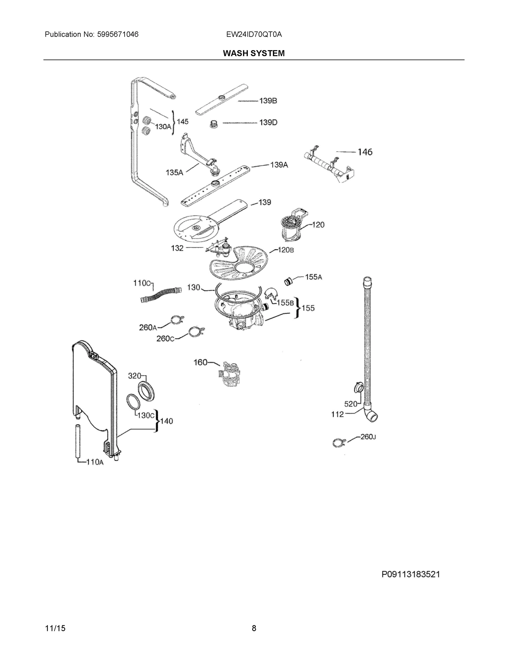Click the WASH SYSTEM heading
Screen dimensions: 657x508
[254, 53]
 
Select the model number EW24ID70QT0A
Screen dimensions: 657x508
[254, 34]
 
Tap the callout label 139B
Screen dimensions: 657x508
[268, 101]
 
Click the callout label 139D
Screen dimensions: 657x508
[268, 122]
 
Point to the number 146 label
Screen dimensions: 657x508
[365, 152]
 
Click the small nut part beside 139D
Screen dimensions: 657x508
[213, 124]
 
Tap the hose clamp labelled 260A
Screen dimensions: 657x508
[177, 320]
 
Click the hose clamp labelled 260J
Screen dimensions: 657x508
[339, 442]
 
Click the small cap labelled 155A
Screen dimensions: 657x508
[288, 282]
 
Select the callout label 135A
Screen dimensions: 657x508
[174, 173]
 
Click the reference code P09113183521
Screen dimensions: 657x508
[411, 574]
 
